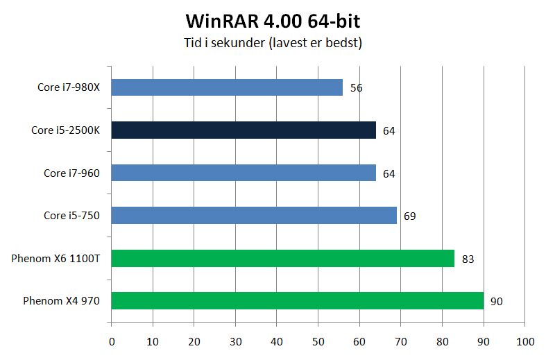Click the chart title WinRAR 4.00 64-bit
point(273,18)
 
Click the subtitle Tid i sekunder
point(273,42)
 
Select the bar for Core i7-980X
point(227,87)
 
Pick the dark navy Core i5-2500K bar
point(244,130)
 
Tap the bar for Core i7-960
point(244,173)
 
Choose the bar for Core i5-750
point(254,216)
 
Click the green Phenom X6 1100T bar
point(282,259)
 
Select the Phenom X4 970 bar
point(297,301)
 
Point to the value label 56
point(357,88)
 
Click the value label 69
point(409,216)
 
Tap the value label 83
point(468,259)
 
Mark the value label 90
point(496,302)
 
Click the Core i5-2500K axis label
point(66,130)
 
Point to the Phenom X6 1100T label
point(56,259)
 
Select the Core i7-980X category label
point(69,88)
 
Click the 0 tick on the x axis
point(112,341)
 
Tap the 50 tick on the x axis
point(318,341)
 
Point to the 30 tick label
point(235,341)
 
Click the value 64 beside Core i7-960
point(389,173)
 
